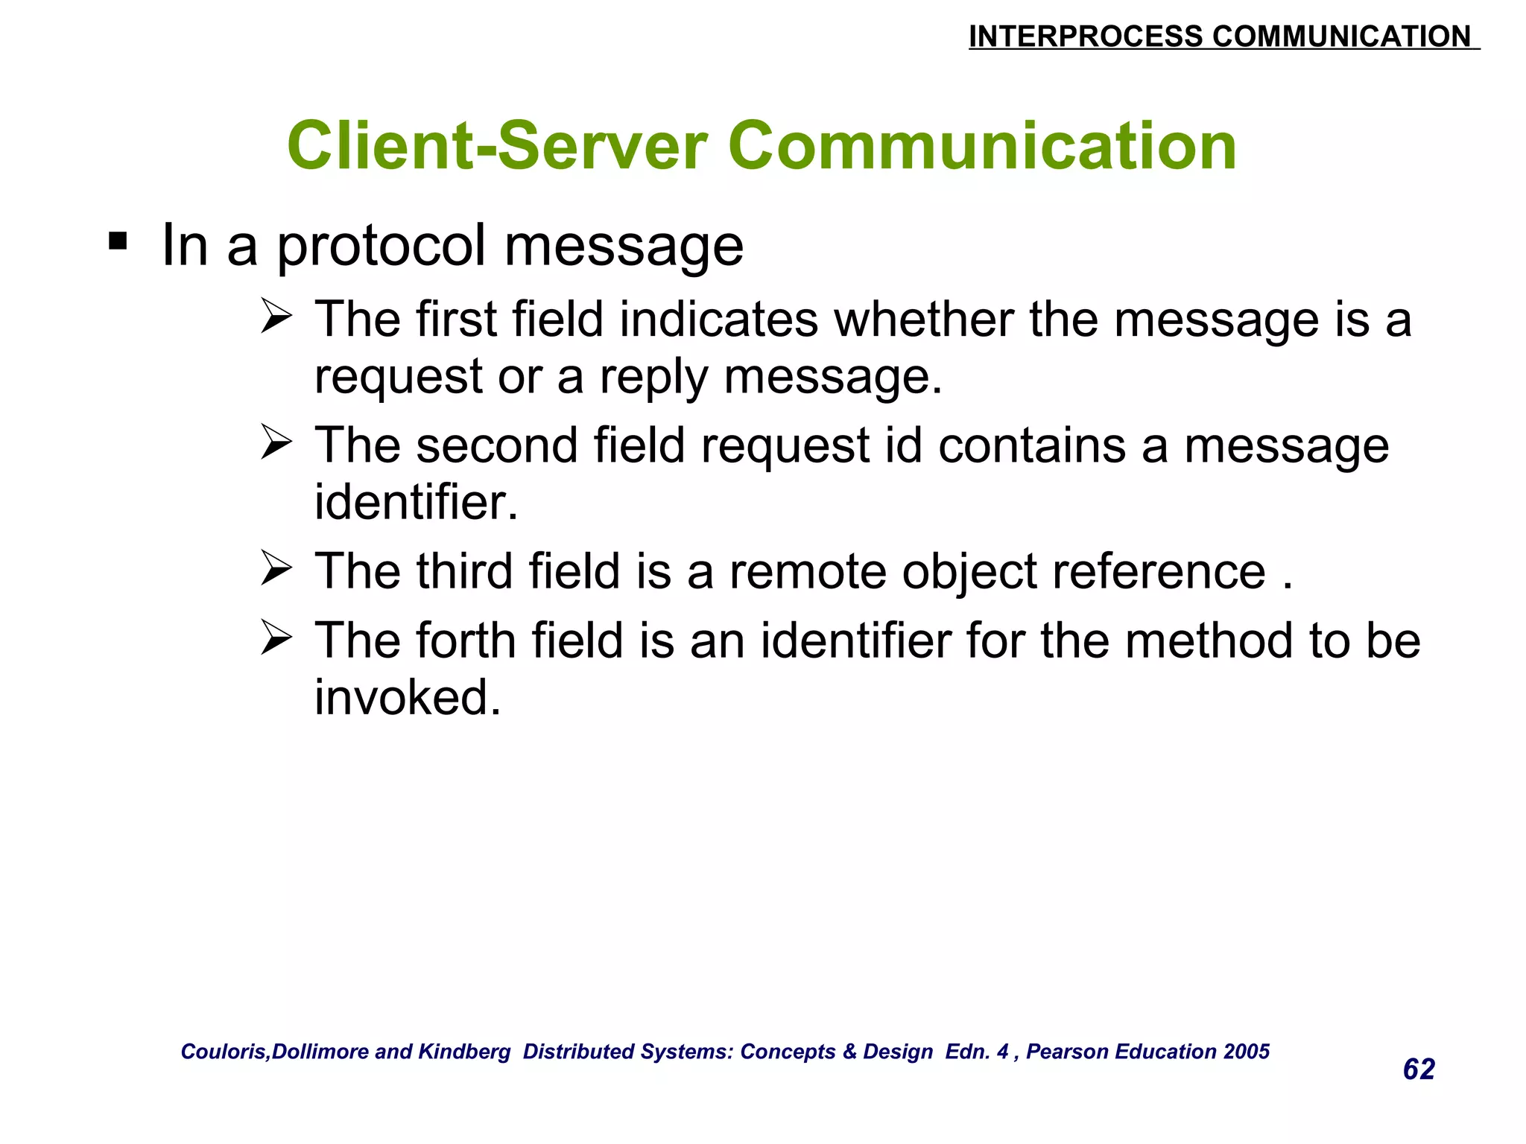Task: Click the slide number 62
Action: (1419, 1070)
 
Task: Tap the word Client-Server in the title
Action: (497, 146)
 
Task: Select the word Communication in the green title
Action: (987, 146)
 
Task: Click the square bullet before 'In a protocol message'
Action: (118, 242)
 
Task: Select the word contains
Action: (1032, 445)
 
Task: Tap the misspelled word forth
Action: (466, 641)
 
